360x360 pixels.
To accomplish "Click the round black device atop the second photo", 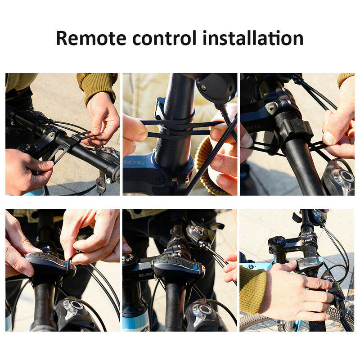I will (x=216, y=88).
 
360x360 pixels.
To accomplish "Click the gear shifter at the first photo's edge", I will (x=108, y=155).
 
